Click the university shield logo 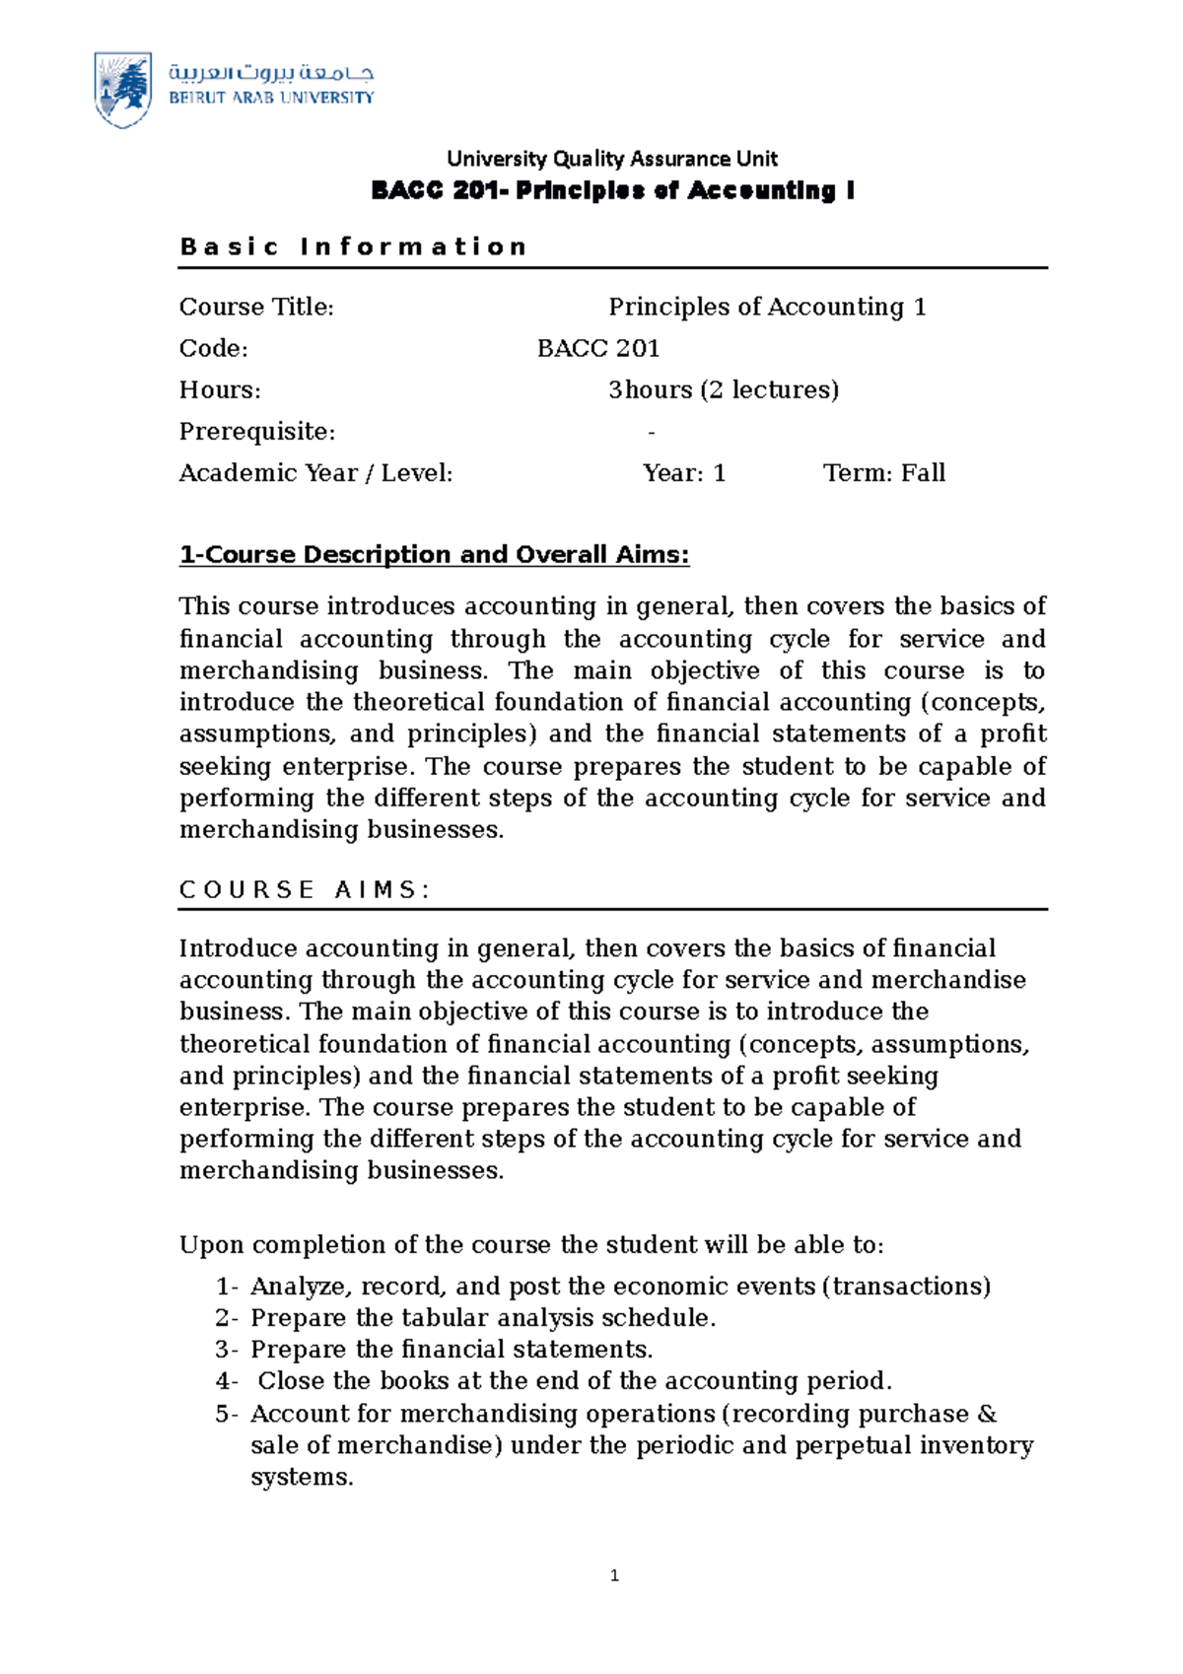pyautogui.click(x=122, y=90)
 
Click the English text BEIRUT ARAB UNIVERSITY pyautogui.click(x=271, y=99)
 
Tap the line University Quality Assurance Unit pyautogui.click(x=612, y=159)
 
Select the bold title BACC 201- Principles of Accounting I pyautogui.click(x=612, y=191)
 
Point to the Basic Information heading pyautogui.click(x=354, y=246)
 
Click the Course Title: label pyautogui.click(x=256, y=308)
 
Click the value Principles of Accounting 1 pyautogui.click(x=767, y=308)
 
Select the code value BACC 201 pyautogui.click(x=598, y=349)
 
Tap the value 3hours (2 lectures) pyautogui.click(x=724, y=390)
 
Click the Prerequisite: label pyautogui.click(x=257, y=432)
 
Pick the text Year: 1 pyautogui.click(x=684, y=473)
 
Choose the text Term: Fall pyautogui.click(x=884, y=473)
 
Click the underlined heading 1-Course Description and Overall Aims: pyautogui.click(x=434, y=555)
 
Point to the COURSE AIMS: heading pyautogui.click(x=305, y=890)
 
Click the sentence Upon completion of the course pyautogui.click(x=531, y=1245)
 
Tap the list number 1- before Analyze pyautogui.click(x=227, y=1288)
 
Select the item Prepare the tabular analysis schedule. pyautogui.click(x=483, y=1319)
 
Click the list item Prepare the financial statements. pyautogui.click(x=452, y=1351)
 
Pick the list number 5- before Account pyautogui.click(x=227, y=1415)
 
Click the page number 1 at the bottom pyautogui.click(x=614, y=1576)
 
